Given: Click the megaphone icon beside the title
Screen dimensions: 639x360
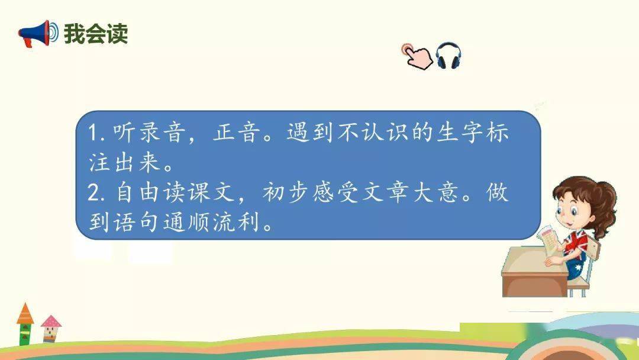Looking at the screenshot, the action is [38, 33].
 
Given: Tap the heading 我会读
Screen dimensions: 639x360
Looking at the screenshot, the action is [96, 33].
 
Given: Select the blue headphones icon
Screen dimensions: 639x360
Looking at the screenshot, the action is [448, 56].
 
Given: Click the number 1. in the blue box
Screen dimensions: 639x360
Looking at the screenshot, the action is [96, 133].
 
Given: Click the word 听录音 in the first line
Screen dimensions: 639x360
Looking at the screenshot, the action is [149, 132].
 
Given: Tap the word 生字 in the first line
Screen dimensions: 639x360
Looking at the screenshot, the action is [460, 132].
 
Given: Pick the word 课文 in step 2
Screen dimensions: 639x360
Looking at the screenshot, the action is [211, 192].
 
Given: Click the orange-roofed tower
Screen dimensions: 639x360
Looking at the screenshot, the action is [25, 324].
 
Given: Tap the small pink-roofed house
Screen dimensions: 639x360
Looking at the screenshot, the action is [50, 329].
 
